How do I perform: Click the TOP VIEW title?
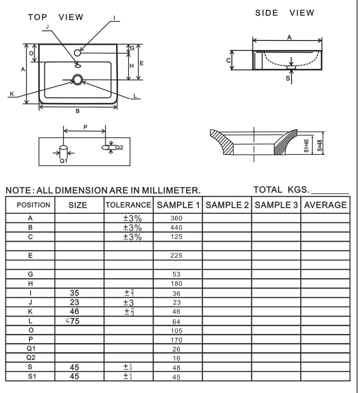click(55, 17)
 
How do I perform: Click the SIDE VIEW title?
click(285, 13)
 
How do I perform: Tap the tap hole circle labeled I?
click(77, 53)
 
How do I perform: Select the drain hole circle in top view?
click(77, 80)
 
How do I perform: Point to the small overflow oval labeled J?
click(78, 66)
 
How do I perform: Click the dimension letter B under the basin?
click(78, 111)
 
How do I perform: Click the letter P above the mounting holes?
click(85, 127)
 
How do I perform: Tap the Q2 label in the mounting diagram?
click(119, 148)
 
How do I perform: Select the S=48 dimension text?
click(320, 145)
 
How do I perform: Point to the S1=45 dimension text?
click(306, 146)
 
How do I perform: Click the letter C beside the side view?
click(228, 61)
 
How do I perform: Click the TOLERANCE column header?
click(129, 205)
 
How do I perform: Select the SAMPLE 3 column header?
click(276, 205)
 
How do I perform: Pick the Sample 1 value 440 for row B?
click(176, 228)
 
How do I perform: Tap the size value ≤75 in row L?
click(72, 321)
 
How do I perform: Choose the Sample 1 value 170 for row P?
click(176, 340)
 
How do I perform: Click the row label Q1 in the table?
click(31, 349)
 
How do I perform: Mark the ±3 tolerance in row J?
click(129, 303)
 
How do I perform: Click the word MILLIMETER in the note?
click(171, 191)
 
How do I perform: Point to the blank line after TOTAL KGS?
click(330, 193)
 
